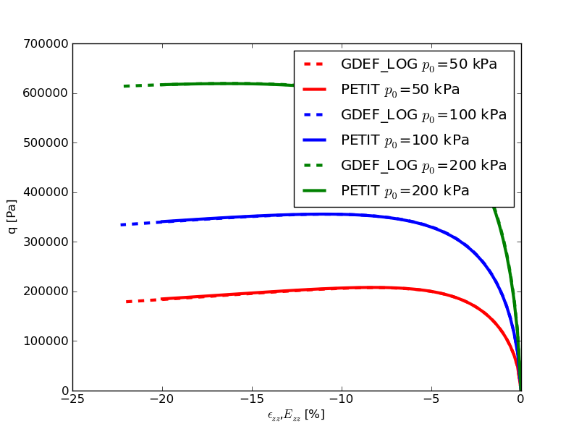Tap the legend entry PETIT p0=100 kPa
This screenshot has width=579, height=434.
(x=405, y=140)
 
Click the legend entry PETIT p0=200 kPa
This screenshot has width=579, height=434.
(x=405, y=191)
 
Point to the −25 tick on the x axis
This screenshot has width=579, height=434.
(x=72, y=400)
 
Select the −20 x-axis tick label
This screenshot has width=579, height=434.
(x=162, y=400)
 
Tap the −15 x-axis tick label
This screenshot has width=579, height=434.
(x=252, y=400)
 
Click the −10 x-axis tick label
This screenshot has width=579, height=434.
(x=342, y=400)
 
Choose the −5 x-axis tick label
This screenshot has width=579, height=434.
(x=431, y=400)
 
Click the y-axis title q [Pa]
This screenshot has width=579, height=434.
(x=12, y=217)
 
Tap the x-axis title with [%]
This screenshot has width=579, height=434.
(x=296, y=415)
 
